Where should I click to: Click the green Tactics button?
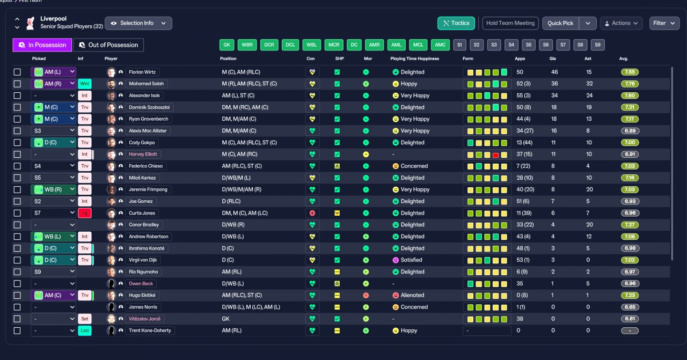coord(456,23)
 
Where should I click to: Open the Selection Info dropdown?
coord(138,23)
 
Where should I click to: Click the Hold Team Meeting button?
coord(510,23)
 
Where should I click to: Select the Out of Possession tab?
coord(108,45)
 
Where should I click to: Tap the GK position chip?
coord(226,45)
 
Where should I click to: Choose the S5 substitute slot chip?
coord(529,45)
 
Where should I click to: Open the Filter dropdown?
coord(664,23)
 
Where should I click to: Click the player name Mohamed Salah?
coord(147,84)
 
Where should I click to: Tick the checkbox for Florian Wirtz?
coord(17,72)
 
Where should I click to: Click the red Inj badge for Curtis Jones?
coord(85,213)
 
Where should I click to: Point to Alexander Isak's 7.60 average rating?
coord(630,95)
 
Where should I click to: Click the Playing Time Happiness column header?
coord(414,58)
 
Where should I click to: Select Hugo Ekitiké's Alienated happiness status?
coord(408,295)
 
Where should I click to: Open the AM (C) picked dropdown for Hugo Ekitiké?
coord(53,295)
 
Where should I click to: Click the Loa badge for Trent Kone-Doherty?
coord(85,330)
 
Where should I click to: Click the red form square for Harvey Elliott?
coord(495,155)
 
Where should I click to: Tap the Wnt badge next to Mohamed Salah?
coord(85,84)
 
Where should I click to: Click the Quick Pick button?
coord(560,23)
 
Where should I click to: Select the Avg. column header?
coord(624,58)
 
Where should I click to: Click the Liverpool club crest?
coord(30,23)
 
